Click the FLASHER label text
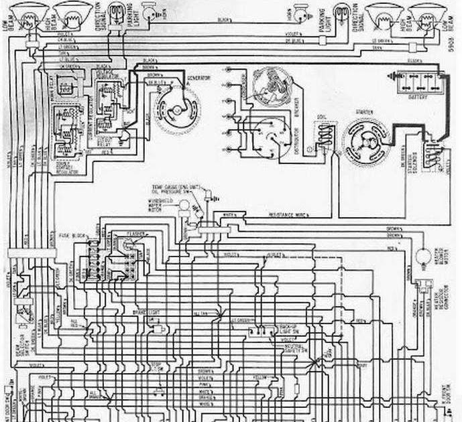click(137, 234)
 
